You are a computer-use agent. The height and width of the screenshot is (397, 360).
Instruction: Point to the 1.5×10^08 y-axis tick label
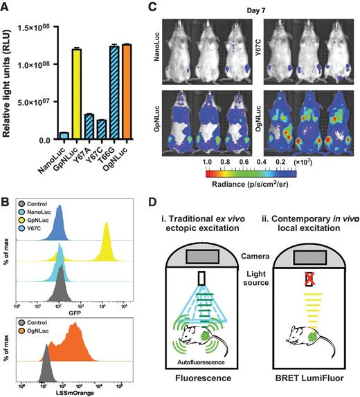(35, 27)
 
